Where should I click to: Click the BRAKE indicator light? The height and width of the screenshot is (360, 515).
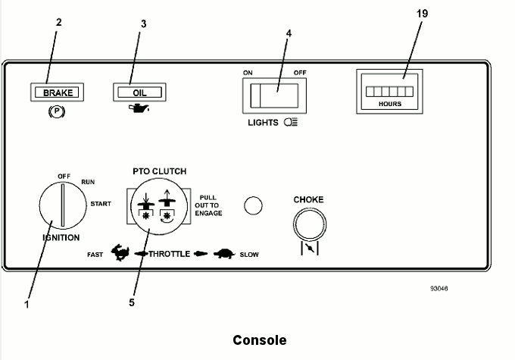(57, 93)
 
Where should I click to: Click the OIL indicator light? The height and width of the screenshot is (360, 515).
(139, 93)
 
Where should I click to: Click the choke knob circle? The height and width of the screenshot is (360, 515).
(308, 224)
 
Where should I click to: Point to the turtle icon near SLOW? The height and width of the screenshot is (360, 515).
(223, 254)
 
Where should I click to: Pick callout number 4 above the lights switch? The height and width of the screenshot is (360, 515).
(288, 34)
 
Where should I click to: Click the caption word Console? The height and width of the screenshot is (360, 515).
(259, 340)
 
